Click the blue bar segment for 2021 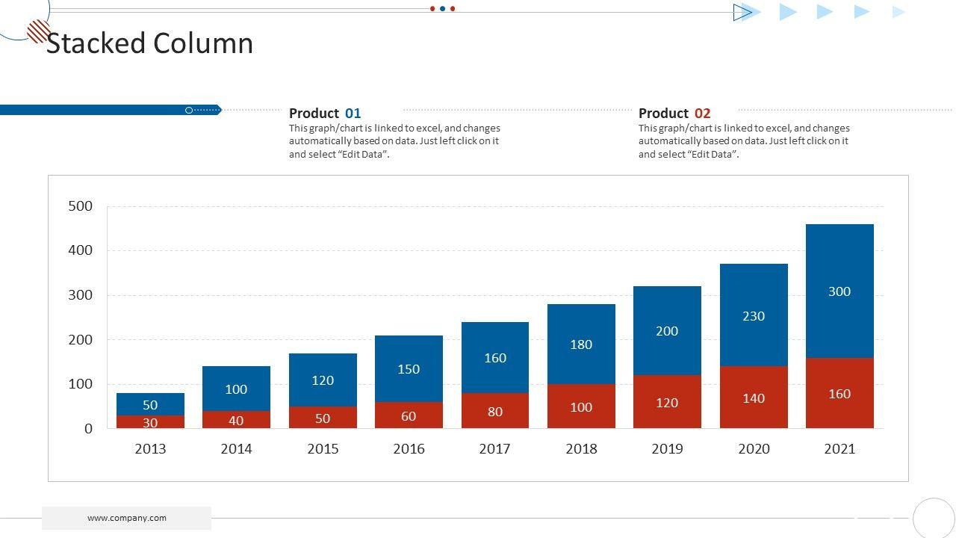[839, 291]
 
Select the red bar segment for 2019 [667, 402]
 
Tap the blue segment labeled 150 [409, 368]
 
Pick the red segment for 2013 [150, 422]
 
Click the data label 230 [754, 316]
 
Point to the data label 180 [581, 344]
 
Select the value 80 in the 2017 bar [495, 412]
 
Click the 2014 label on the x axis [236, 449]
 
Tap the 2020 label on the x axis [754, 449]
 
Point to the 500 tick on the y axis [81, 206]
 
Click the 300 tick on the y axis [81, 295]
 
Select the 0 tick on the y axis [89, 429]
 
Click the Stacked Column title [150, 43]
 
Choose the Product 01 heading [325, 114]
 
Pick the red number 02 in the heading [702, 114]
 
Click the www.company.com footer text [127, 518]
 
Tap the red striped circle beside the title [38, 31]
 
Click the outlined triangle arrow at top [742, 12]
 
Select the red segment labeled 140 [754, 398]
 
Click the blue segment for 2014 [236, 389]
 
